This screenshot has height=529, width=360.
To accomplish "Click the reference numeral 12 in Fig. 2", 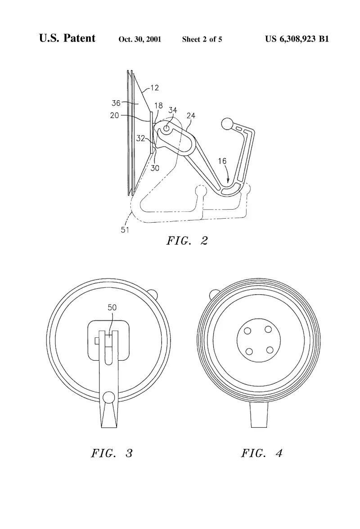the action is (154, 88).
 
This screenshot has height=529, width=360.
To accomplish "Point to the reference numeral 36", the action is (116, 103).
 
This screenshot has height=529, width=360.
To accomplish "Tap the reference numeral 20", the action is (114, 115).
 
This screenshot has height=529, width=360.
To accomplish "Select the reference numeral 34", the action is (173, 110).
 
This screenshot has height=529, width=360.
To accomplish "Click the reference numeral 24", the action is (191, 116).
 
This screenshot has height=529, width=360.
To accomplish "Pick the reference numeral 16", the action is (222, 161).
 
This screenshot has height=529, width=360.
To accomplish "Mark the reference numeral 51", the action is (125, 230).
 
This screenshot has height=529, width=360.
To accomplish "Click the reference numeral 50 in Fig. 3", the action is (112, 307).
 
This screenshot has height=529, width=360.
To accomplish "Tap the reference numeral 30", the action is (155, 168).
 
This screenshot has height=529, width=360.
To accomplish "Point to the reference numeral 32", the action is (141, 139).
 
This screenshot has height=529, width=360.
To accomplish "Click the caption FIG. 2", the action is (187, 241).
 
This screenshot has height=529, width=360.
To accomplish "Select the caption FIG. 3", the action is (112, 453).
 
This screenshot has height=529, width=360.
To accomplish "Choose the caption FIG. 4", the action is (262, 453).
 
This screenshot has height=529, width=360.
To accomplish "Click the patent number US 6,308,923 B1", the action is (297, 39).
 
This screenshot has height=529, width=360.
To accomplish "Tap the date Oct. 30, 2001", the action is (139, 39).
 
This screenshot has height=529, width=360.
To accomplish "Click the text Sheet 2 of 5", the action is (202, 39).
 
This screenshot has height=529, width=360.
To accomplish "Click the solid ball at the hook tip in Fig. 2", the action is (227, 124).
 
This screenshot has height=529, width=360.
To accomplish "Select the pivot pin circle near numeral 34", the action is (166, 128).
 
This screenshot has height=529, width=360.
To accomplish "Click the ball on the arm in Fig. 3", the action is (108, 398).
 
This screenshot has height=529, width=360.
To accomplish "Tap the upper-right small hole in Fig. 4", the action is (268, 329).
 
